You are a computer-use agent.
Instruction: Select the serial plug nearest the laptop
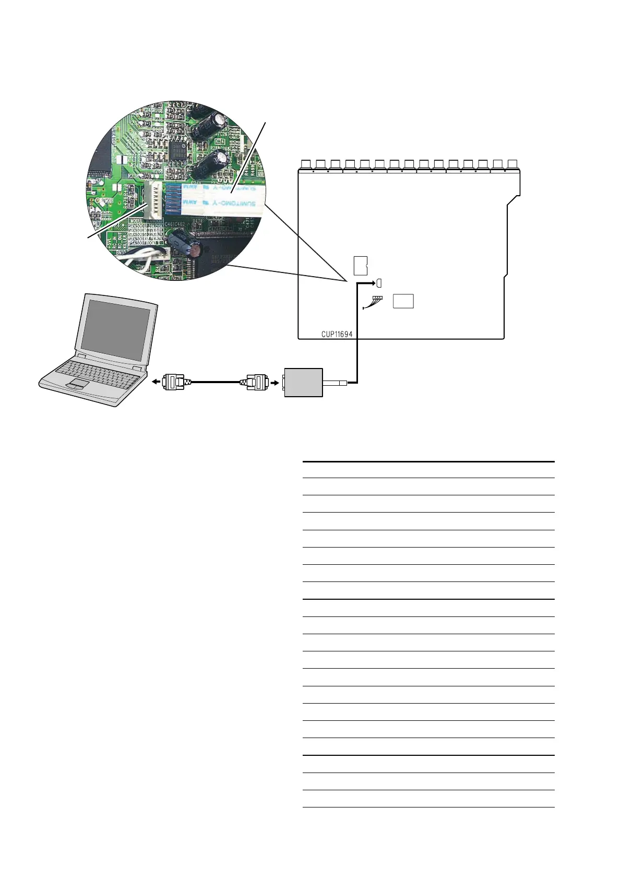tap(174, 382)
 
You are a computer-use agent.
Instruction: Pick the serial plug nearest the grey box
tap(254, 382)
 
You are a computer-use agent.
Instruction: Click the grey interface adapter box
tap(303, 382)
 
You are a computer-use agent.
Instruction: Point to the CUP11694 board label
tap(337, 334)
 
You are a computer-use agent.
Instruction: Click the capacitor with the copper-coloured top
tap(194, 250)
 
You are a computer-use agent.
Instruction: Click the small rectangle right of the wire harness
tap(403, 301)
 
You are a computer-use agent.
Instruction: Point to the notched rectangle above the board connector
tap(360, 266)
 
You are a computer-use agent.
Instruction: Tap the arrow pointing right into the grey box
tap(274, 382)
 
